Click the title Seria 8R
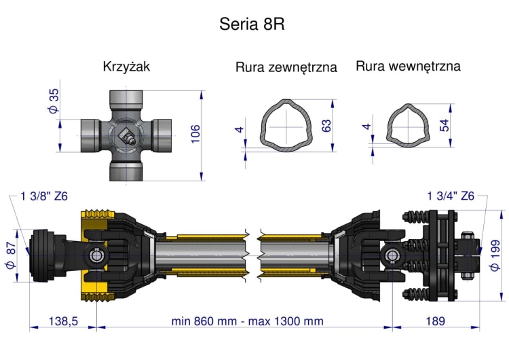(252, 24)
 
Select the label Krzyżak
(126, 67)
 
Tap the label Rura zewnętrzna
(286, 68)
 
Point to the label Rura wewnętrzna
(408, 67)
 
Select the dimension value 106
(195, 134)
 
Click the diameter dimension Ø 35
(54, 101)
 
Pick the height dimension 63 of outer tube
(326, 126)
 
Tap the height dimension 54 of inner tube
(445, 126)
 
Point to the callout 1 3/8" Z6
(44, 197)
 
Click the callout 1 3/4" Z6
(450, 196)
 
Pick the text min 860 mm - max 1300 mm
(247, 321)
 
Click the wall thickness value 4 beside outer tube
(239, 130)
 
